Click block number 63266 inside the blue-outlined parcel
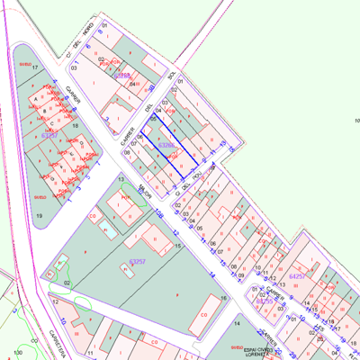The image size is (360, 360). [x=166, y=144]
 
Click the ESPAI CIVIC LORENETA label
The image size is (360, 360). [x=262, y=351]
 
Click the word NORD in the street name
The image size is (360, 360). [x=88, y=29]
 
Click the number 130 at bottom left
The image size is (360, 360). [x=19, y=354]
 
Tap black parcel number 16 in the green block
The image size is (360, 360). [x=223, y=298]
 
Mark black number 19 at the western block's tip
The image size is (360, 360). [x=39, y=216]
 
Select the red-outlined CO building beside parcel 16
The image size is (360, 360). [x=204, y=314]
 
